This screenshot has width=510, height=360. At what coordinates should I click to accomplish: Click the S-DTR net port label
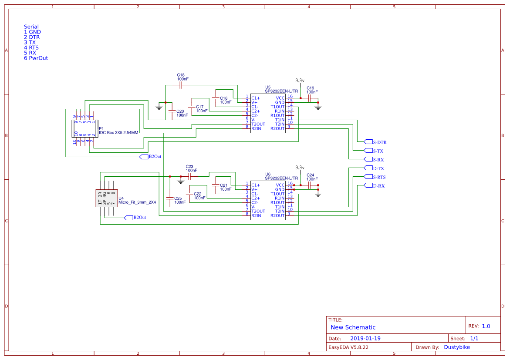380,142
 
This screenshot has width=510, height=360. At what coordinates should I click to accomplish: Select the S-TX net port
378,151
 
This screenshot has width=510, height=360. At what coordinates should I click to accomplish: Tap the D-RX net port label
378,186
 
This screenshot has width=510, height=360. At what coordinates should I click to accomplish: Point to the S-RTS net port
379,177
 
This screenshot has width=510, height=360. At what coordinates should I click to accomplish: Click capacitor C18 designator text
181,75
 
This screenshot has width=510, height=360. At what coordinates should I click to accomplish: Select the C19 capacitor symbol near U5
310,99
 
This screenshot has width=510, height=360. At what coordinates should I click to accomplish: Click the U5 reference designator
268,87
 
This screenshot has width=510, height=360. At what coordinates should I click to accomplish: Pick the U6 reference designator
268,174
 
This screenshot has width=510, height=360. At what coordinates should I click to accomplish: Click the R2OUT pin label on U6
277,215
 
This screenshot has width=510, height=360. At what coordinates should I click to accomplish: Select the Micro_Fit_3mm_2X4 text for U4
137,202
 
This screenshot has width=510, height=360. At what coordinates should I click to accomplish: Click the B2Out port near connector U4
139,217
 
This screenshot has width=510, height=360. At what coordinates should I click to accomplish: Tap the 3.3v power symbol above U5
300,81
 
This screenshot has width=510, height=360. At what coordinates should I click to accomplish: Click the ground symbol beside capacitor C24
318,194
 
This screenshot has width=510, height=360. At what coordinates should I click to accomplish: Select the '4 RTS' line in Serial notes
31,47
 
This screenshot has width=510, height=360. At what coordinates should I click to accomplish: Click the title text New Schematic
353,327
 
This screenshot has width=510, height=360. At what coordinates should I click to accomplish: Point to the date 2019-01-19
365,338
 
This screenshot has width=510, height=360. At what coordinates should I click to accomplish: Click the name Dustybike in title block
457,347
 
